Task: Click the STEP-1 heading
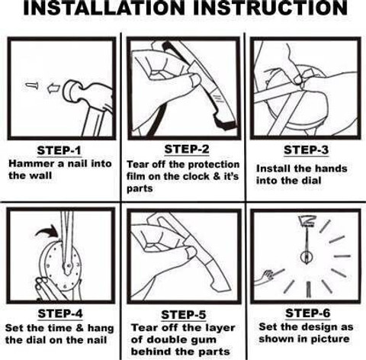59,150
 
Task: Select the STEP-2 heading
187,149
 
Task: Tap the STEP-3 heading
306,149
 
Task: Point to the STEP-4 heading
60,313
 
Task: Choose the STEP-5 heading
183,315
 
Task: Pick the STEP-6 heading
307,313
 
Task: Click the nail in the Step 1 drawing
32,85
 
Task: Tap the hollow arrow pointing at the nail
53,88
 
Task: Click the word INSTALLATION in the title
104,8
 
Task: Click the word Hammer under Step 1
32,164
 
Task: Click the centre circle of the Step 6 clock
307,257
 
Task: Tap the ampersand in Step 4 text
80,328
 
